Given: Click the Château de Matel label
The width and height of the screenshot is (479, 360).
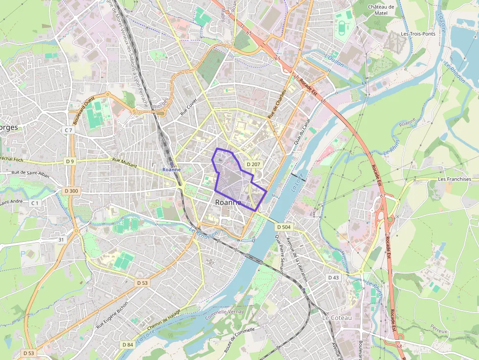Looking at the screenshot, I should (381, 10).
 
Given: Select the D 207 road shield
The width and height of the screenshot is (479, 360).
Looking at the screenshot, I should (254, 165).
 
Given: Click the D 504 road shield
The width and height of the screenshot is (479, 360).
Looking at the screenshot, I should (283, 227).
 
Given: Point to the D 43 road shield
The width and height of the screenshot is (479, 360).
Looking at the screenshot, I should (333, 277).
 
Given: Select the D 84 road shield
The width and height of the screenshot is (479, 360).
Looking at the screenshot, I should (127, 345).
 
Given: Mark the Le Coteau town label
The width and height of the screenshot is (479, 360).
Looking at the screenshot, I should (337, 318).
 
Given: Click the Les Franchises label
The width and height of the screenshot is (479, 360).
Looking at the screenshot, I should (455, 179).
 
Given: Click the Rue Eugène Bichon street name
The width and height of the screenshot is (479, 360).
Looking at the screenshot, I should (112, 314).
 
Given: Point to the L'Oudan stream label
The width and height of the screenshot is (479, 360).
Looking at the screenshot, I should (334, 61).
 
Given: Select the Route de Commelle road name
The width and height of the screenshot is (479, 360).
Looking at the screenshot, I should (239, 340).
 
